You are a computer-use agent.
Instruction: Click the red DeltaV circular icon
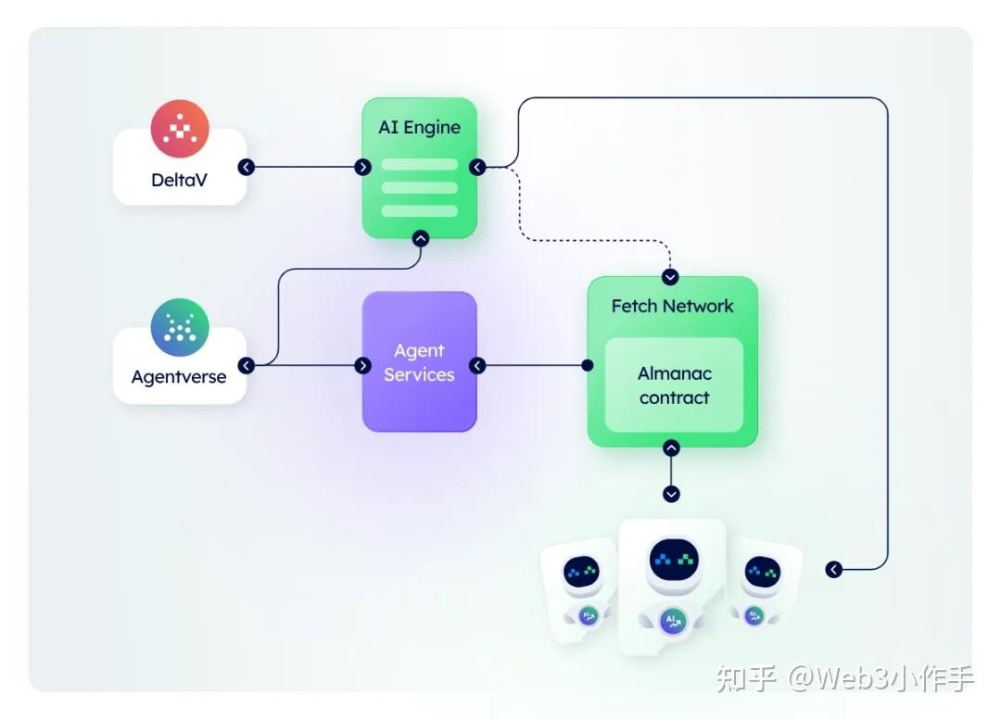[x=180, y=129]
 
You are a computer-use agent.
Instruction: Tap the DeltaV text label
[x=179, y=180]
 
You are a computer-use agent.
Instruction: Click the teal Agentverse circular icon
[x=180, y=327]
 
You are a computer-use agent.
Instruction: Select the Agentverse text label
[x=179, y=377]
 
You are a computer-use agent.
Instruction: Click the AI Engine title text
[x=419, y=128]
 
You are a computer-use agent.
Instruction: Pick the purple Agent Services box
[x=419, y=362]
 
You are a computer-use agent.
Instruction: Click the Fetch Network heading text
[x=672, y=306]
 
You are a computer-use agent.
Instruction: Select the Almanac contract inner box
[x=674, y=385]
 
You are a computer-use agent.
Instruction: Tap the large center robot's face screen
[x=674, y=558]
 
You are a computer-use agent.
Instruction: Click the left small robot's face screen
[x=582, y=572]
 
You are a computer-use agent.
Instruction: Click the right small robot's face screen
[x=762, y=571]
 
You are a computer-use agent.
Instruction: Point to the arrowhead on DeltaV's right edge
[x=246, y=168]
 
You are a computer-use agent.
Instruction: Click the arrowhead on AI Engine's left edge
[x=362, y=168]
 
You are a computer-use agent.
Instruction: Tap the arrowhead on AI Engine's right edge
[x=477, y=168]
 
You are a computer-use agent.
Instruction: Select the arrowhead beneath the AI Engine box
[x=420, y=238]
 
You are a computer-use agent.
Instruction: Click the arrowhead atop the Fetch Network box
[x=671, y=277]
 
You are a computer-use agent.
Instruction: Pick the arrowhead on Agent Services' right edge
[x=477, y=366]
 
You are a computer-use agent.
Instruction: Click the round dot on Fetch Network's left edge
[x=587, y=366]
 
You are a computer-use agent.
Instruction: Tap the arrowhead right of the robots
[x=833, y=569]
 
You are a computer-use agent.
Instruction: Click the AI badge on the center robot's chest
[x=672, y=622]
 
